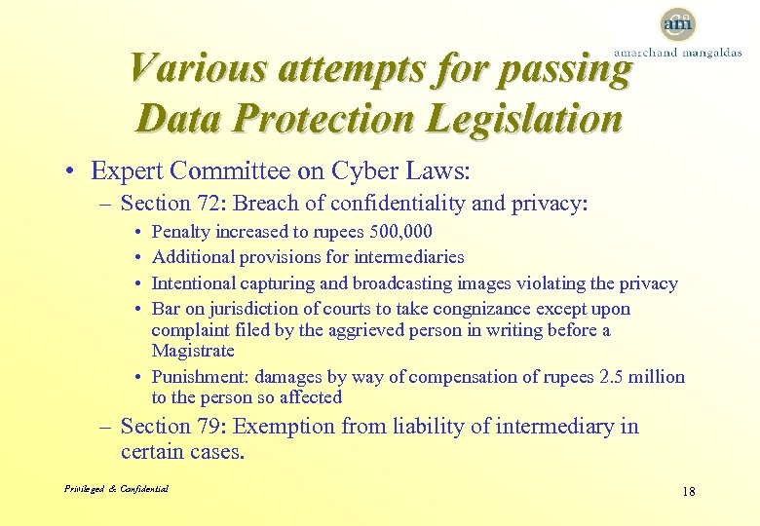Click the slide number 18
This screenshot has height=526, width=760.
coord(688,491)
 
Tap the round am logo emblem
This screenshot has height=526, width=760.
coord(677,23)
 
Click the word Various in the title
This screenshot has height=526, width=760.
coord(196,69)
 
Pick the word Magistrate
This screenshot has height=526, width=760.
coord(193,351)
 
